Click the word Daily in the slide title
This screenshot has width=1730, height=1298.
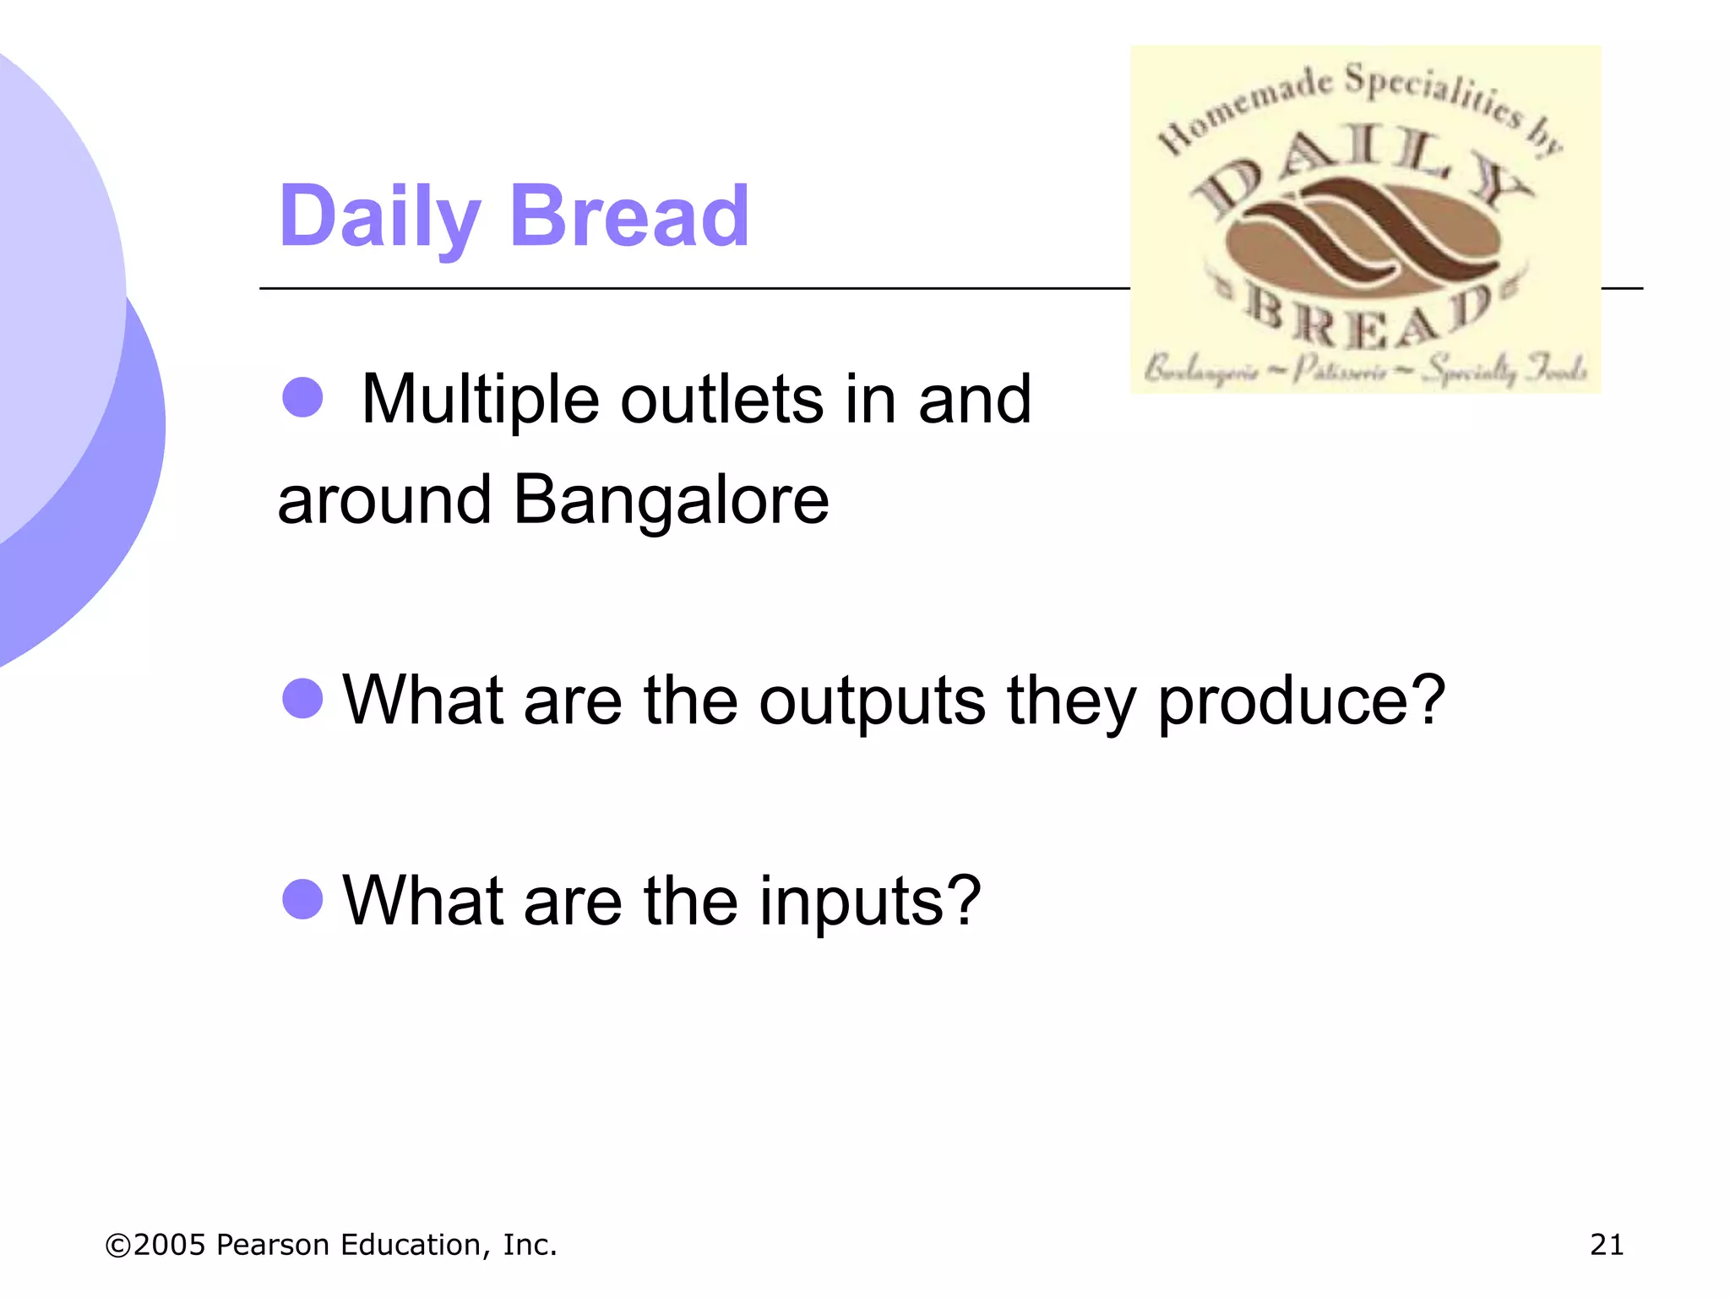tap(379, 217)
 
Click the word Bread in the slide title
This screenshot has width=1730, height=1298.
tap(629, 217)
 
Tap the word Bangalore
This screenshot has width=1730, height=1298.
tap(672, 500)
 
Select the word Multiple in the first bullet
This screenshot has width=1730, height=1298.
tap(480, 399)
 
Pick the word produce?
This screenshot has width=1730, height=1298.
tap(1301, 701)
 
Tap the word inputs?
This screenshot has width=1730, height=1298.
tap(870, 901)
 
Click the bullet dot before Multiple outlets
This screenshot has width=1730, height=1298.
tap(302, 397)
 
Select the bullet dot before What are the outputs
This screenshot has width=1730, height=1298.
tap(302, 698)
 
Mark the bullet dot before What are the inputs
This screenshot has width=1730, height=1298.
tap(302, 898)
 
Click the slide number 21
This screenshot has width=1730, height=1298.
tap(1606, 1245)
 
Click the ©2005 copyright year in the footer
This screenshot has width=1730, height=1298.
tap(155, 1245)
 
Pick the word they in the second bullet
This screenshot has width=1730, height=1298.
tap(1070, 701)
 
